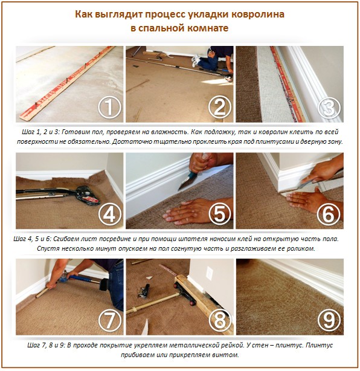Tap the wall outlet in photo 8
pos(209,273)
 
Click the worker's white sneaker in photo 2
pos(196,60)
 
